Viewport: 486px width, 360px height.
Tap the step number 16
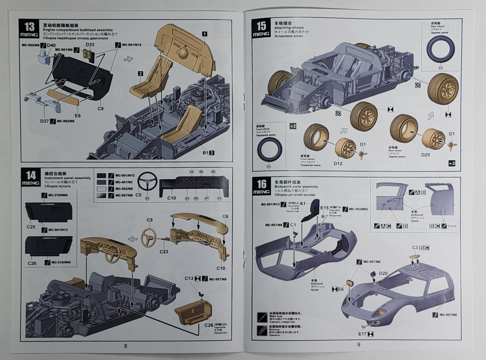click(262, 184)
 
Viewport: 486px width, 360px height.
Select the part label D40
click(51, 45)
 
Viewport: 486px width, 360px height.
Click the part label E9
click(77, 116)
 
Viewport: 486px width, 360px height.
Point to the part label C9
click(101, 109)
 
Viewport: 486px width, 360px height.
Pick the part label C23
click(164, 251)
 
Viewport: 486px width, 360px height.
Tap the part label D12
click(338, 163)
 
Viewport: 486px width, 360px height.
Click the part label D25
click(426, 155)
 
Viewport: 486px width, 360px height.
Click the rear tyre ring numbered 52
click(440, 50)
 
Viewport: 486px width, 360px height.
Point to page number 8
click(126, 346)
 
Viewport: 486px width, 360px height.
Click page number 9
click(359, 345)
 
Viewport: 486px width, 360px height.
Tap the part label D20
click(383, 273)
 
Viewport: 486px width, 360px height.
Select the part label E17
click(362, 334)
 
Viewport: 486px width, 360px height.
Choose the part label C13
click(189, 278)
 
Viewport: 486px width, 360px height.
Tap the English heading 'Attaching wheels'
click(289, 28)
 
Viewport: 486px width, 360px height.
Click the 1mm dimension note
click(452, 226)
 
